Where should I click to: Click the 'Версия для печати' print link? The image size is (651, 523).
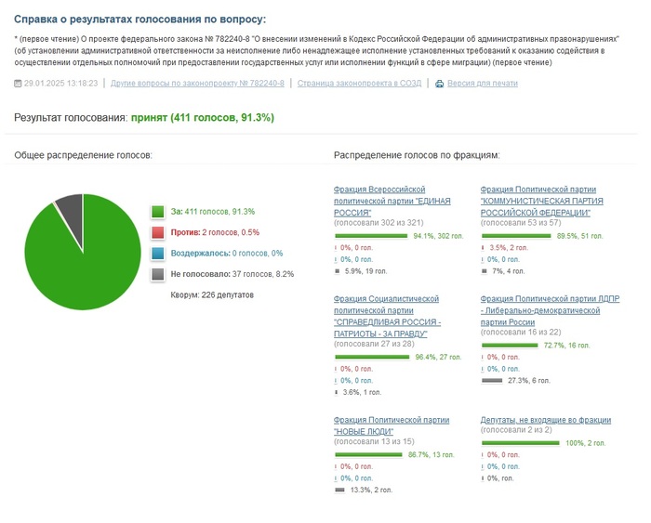[483, 84]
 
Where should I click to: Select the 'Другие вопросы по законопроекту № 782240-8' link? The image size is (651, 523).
[197, 84]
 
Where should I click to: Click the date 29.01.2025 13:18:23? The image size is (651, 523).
[61, 84]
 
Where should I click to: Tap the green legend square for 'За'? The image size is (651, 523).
[158, 212]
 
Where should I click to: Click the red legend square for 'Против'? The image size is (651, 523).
[158, 232]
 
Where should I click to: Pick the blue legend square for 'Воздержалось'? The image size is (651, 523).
[158, 254]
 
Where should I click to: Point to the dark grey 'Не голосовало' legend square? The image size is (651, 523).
[158, 274]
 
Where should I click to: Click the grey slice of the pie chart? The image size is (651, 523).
[70, 211]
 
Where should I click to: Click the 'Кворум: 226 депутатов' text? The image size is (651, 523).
[212, 294]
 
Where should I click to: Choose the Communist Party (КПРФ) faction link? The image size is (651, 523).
[541, 200]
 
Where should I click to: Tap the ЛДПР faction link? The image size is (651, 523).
[546, 310]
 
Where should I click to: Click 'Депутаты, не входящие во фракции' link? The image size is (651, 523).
[546, 420]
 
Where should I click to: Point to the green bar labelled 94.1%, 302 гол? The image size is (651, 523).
[371, 237]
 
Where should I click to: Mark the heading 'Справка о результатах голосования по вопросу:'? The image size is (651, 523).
[139, 19]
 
